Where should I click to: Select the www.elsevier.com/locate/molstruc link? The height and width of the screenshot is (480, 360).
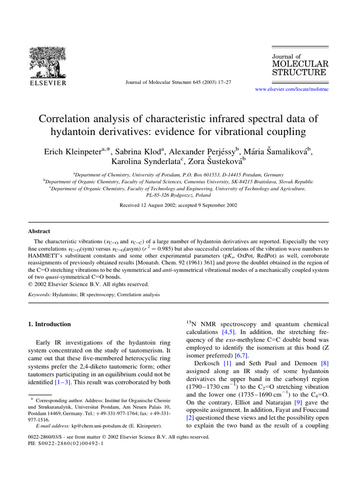(x=291, y=89)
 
